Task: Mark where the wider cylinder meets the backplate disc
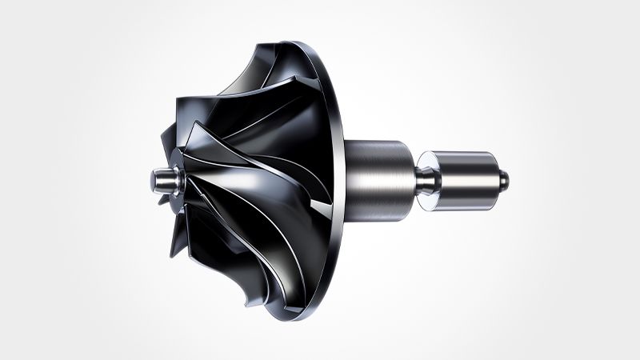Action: coord(351,173)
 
